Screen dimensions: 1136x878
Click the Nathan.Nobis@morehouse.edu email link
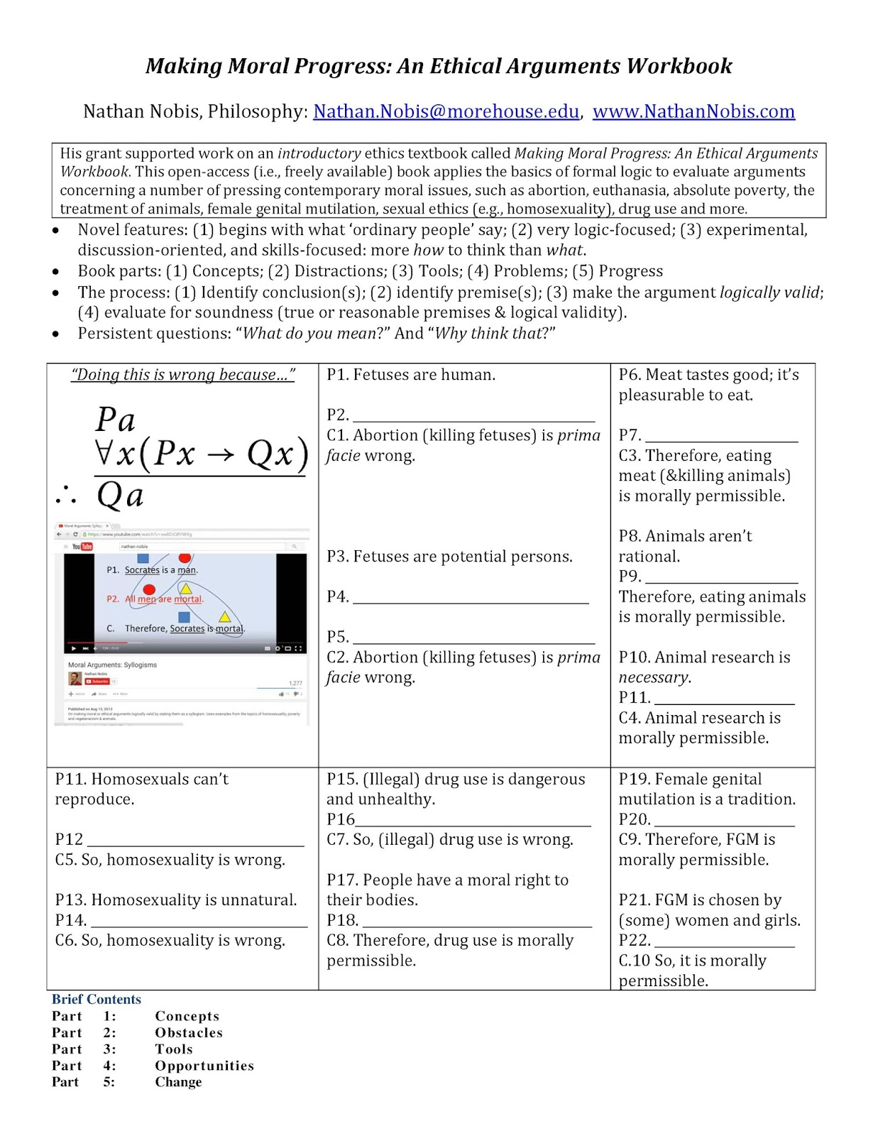coord(446,111)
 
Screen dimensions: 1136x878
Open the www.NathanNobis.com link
coord(693,111)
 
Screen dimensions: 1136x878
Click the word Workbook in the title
coord(679,66)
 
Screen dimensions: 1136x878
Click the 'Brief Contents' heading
coord(97,999)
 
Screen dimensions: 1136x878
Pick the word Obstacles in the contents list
coord(189,1032)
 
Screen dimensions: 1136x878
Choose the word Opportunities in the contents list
coord(204,1065)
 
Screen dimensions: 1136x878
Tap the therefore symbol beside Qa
coord(66,495)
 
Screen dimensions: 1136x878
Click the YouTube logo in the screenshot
coord(82,547)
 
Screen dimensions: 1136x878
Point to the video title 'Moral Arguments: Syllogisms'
coord(112,665)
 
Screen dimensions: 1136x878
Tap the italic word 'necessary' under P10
coord(653,677)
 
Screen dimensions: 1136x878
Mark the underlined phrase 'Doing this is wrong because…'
coord(182,375)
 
